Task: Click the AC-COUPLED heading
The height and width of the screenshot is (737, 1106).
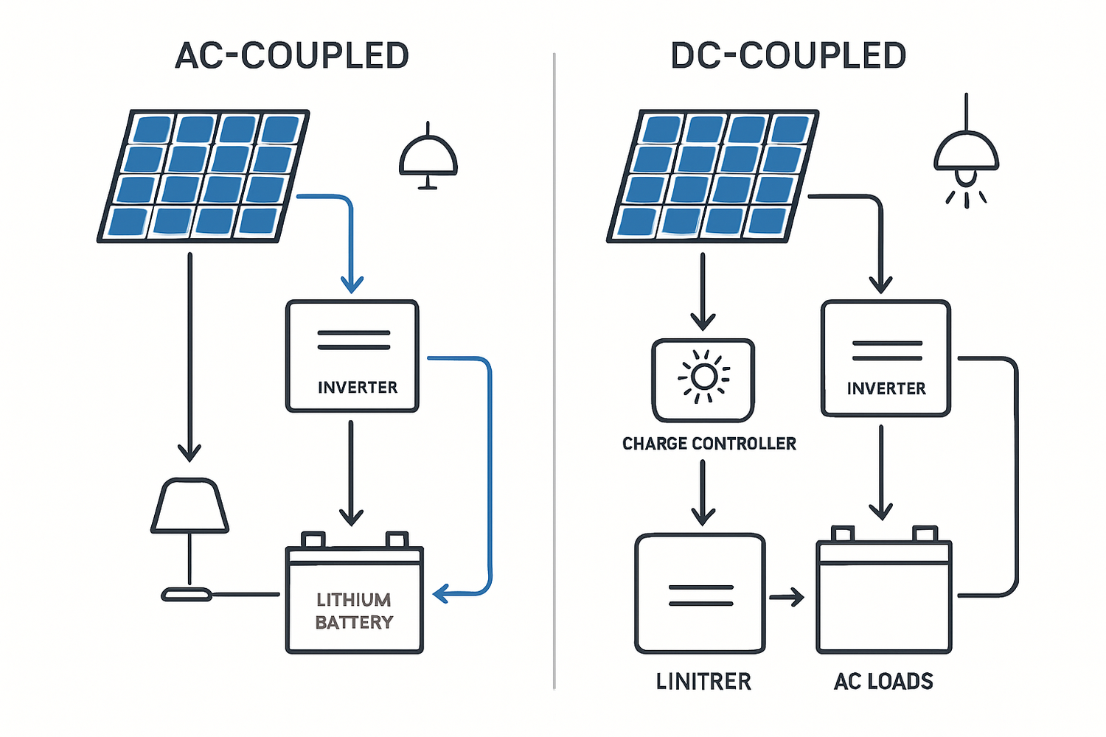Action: (x=292, y=56)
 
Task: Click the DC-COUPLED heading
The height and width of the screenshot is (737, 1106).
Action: (x=788, y=56)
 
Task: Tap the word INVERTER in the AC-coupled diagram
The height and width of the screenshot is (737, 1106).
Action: (x=358, y=388)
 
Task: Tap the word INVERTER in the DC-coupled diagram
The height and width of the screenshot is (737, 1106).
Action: (x=886, y=388)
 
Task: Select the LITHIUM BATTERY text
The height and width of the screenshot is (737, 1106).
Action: (x=354, y=611)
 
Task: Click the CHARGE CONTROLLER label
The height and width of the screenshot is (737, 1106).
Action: (x=709, y=444)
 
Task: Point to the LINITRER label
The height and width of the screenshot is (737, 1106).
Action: (x=703, y=681)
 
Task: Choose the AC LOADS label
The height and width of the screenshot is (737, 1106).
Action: (x=883, y=681)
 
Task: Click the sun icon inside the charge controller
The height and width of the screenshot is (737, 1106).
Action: (x=703, y=377)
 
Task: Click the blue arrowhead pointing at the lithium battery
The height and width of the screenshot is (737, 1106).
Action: (x=441, y=593)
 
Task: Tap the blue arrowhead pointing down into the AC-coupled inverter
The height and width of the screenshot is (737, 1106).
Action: (x=352, y=284)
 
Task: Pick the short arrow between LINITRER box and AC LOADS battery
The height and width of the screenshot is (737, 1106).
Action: (x=787, y=597)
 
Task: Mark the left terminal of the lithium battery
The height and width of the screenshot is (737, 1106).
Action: (x=313, y=539)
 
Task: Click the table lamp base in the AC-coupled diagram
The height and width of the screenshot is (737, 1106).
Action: (x=187, y=594)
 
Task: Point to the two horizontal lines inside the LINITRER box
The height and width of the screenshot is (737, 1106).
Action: (x=700, y=595)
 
